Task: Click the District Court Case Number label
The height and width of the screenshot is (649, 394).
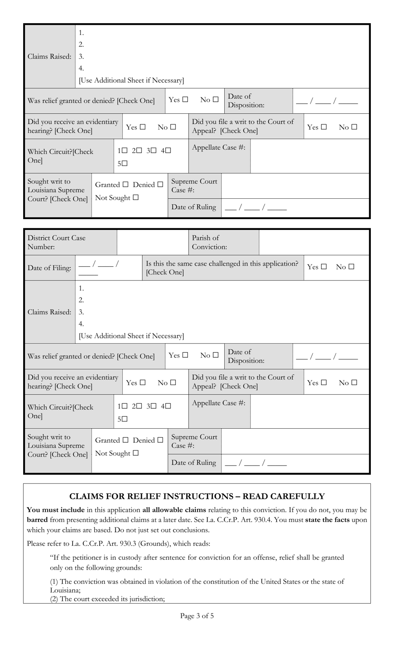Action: [56, 242]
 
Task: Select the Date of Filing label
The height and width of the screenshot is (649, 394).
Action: [49, 268]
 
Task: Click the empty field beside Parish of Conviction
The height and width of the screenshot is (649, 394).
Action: [314, 242]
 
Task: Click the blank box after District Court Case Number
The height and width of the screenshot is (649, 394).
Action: [152, 242]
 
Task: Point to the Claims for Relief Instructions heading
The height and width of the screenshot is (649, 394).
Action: [197, 496]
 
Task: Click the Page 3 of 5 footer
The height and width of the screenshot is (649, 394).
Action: [197, 616]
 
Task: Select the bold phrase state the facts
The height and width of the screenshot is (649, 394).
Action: [327, 520]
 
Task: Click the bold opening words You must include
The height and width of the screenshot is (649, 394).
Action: [56, 510]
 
